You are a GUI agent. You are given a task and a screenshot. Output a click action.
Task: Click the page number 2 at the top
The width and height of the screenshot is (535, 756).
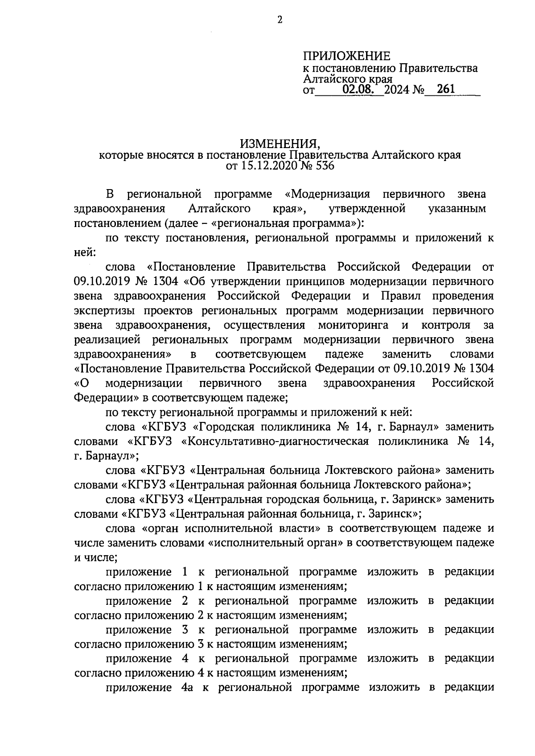pos(280,21)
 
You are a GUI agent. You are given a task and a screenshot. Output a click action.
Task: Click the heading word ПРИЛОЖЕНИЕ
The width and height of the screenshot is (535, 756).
pos(346,56)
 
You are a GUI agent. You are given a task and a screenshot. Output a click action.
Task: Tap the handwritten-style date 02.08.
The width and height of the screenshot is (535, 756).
pos(358,90)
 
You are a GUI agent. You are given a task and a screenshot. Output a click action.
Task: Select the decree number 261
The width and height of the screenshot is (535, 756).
pos(446,89)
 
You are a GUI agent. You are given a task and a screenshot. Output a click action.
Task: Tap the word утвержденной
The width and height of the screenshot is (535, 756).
pos(366,209)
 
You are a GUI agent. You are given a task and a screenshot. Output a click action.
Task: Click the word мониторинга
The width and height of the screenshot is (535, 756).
pos(353,325)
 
